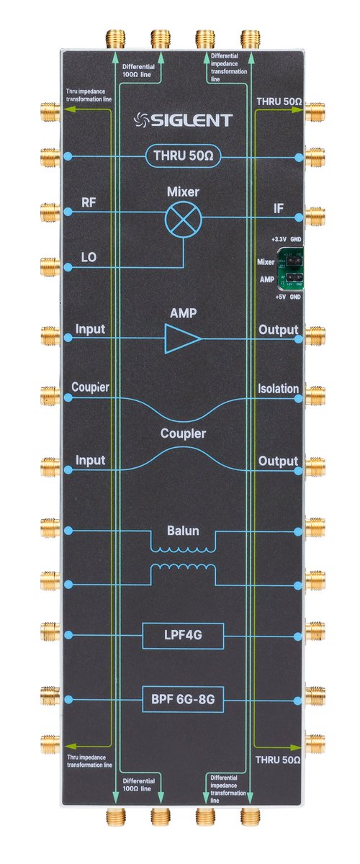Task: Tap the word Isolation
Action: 278,389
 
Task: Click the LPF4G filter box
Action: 183,636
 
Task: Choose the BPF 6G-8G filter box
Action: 183,699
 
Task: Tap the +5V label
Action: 279,297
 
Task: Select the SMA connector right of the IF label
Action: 315,214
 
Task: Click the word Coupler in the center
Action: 183,434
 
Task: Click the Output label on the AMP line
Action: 278,330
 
